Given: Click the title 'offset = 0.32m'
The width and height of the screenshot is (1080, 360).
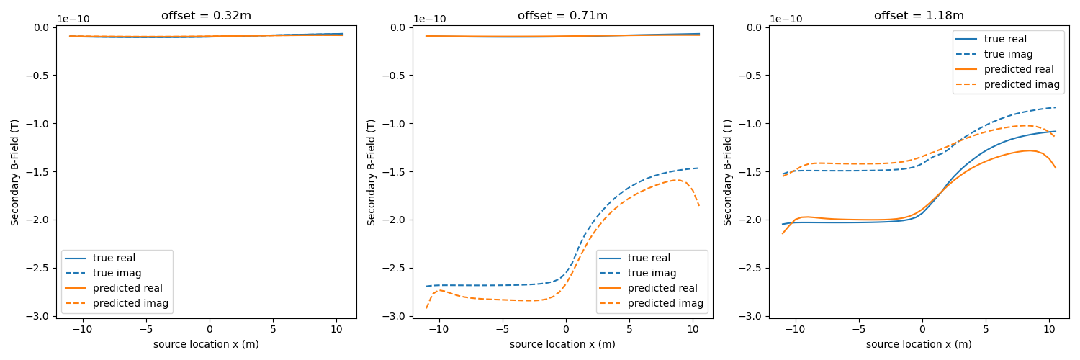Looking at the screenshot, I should point(206,16).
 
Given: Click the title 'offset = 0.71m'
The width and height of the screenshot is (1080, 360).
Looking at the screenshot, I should point(562,16).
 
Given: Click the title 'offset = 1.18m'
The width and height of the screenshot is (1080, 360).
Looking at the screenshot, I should point(919,16).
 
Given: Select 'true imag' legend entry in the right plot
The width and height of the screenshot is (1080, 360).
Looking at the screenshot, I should point(1008,54).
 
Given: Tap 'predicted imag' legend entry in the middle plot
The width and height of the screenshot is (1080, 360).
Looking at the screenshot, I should point(665,303).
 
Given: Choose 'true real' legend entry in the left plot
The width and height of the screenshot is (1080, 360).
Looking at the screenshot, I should point(114,258).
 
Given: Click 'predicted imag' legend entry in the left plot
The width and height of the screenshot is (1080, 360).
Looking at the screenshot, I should point(130,303).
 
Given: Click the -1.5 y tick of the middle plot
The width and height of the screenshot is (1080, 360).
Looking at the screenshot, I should point(394,171).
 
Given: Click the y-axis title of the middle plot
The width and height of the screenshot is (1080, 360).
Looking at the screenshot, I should point(372,172).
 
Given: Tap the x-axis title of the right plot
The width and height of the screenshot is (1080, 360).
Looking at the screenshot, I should point(919,344).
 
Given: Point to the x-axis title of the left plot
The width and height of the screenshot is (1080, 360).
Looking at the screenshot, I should point(206,344).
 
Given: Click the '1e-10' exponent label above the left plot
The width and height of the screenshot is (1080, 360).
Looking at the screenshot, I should point(73,19).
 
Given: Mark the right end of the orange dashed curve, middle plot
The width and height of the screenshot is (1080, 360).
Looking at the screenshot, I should point(699,207).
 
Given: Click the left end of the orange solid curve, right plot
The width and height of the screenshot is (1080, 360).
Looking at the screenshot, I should point(783,233).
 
